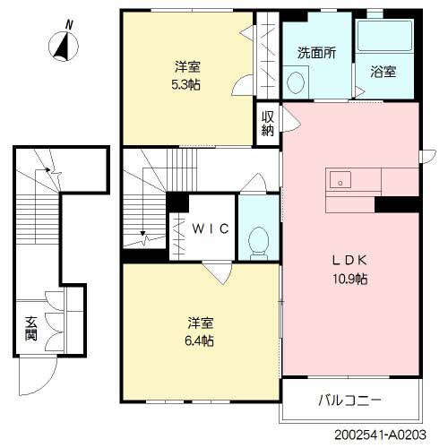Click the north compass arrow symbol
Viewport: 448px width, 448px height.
click(x=63, y=45)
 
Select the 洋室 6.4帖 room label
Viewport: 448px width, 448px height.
click(x=201, y=332)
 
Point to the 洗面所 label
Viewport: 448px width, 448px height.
click(x=316, y=52)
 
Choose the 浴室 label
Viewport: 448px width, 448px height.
click(x=383, y=72)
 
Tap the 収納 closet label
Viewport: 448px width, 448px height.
click(x=268, y=123)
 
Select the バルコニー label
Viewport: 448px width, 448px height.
click(x=350, y=399)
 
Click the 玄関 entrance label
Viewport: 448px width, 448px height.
click(x=30, y=333)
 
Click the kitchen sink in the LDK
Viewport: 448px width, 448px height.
click(x=341, y=181)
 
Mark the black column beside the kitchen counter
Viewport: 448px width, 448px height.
click(x=398, y=205)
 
